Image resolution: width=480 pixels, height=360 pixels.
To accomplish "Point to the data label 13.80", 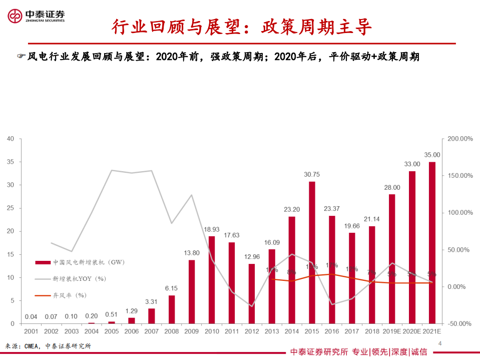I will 192,253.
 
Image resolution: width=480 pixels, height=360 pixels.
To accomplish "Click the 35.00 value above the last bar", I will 431,155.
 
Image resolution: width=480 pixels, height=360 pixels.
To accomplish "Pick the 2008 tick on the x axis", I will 172,331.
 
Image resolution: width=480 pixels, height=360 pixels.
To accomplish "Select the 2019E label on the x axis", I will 391,331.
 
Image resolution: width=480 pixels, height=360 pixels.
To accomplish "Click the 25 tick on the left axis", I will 11,208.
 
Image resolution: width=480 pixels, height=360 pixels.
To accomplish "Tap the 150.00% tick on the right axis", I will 459,176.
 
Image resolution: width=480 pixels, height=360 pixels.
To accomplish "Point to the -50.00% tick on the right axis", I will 459,324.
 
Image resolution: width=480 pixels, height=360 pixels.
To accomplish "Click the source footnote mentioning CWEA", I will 48,346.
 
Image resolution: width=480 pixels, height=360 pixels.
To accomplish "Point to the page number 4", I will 440,343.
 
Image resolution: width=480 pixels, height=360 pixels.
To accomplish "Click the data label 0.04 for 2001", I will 31,316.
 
